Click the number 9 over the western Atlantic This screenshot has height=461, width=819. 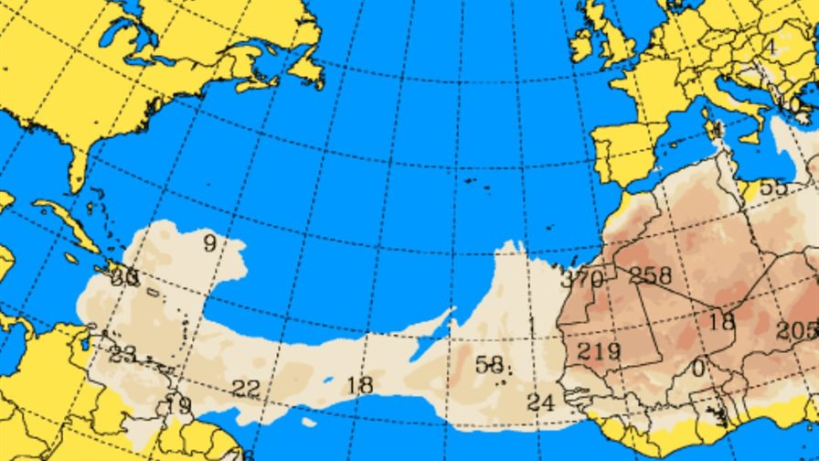click(209, 242)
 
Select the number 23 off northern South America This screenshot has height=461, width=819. click(122, 354)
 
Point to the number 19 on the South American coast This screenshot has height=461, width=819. click(178, 404)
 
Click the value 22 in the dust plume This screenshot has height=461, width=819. click(245, 389)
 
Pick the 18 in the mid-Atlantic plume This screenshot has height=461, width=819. click(360, 384)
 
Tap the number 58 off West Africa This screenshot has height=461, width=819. click(489, 363)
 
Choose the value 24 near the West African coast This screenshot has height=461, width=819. click(540, 402)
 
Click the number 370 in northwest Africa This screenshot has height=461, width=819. click(583, 277)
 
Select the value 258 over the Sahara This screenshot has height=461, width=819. click(650, 274)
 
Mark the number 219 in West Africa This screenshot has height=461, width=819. click(599, 350)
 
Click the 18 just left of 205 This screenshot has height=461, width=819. click(721, 321)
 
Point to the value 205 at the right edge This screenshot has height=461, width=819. click(800, 330)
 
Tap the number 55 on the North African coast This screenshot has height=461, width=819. click(773, 187)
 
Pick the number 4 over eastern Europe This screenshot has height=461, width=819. click(770, 46)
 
